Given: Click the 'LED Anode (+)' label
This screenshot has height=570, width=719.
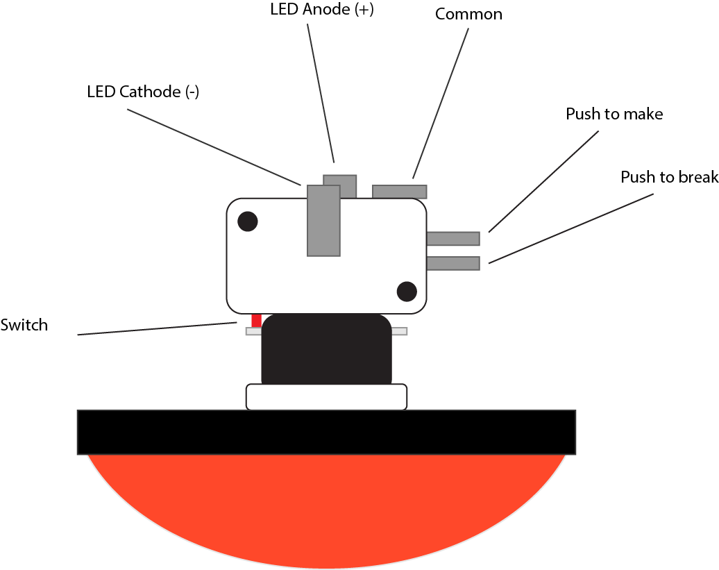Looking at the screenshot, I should [321, 11].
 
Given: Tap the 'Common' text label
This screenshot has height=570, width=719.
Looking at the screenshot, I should [468, 14].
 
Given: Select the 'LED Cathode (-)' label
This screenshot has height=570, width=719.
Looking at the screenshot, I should [143, 92].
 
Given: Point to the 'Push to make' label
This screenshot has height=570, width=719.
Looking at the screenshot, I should [614, 114].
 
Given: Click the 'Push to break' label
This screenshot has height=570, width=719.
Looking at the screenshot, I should [669, 177].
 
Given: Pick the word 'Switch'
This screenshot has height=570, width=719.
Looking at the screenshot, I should [24, 325].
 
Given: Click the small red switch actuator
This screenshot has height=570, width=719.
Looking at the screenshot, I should [256, 320].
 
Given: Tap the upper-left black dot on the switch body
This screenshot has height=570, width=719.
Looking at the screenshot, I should [248, 221].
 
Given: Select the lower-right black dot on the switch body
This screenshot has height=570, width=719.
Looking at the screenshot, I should [406, 291].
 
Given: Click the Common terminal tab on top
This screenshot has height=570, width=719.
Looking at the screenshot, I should [399, 192].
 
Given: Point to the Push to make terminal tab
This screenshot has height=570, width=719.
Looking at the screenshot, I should [452, 238].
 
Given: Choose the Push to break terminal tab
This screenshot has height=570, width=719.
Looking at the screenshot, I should [452, 263].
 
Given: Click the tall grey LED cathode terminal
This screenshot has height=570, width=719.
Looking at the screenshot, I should [323, 221].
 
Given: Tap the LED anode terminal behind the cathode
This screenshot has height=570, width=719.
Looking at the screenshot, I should [346, 185].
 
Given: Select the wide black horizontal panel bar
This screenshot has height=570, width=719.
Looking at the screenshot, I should [326, 432].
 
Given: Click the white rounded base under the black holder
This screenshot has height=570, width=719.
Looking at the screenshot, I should [326, 397].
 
